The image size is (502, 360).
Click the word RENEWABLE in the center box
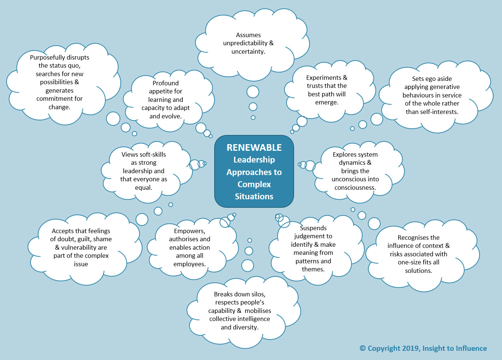pyautogui.click(x=254, y=147)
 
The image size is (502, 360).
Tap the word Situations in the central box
pyautogui.click(x=254, y=196)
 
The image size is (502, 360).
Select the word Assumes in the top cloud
pyautogui.click(x=248, y=35)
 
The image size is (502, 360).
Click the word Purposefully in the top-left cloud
pyautogui.click(x=47, y=57)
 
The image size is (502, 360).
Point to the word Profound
pyautogui.click(x=166, y=83)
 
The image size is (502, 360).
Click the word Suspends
pyautogui.click(x=313, y=228)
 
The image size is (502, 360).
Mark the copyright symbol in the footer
pyautogui.click(x=363, y=348)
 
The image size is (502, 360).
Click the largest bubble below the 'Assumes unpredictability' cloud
pyautogui.click(x=253, y=92)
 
